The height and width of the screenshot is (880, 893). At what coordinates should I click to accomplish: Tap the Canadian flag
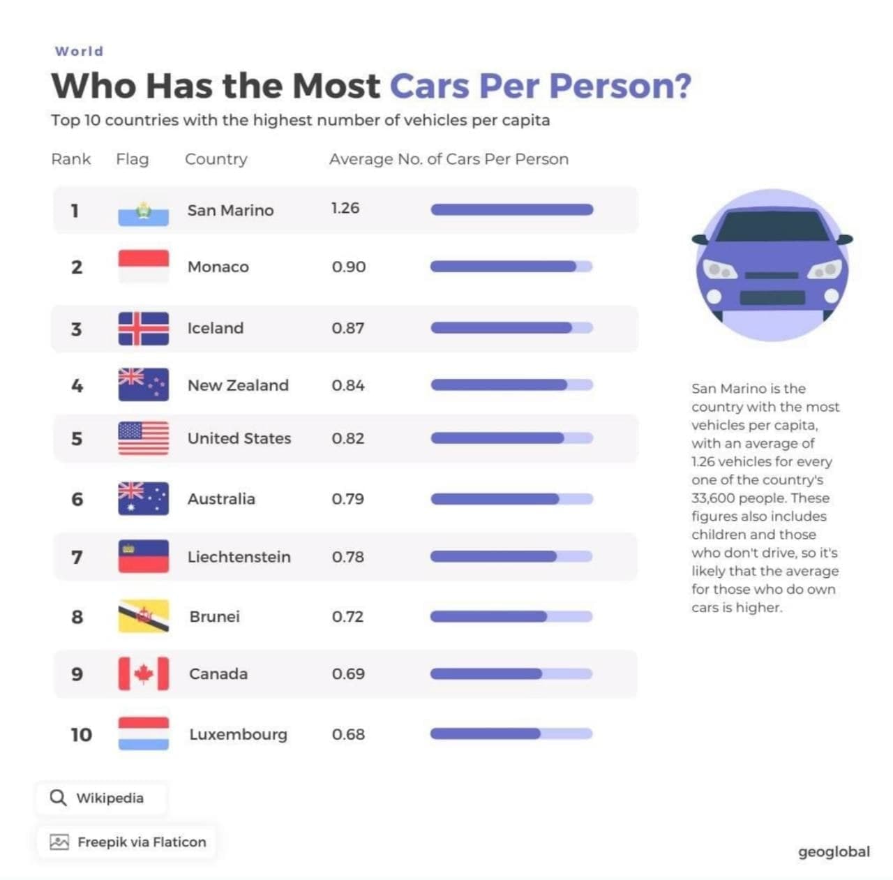pyautogui.click(x=143, y=673)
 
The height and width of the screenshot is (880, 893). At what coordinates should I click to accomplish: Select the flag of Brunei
pyautogui.click(x=143, y=616)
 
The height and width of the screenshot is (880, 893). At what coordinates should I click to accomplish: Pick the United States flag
pyautogui.click(x=143, y=438)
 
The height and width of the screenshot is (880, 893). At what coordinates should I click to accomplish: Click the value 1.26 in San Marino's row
pyautogui.click(x=345, y=208)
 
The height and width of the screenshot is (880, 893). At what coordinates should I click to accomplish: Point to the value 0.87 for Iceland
pyautogui.click(x=348, y=328)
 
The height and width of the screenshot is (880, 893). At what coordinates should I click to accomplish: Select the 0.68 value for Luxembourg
pyautogui.click(x=348, y=734)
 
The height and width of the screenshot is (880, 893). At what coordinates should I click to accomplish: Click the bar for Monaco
pyautogui.click(x=511, y=267)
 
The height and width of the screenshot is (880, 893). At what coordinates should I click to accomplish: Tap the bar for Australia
pyautogui.click(x=511, y=499)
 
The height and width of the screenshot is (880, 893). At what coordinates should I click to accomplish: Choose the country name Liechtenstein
pyautogui.click(x=239, y=557)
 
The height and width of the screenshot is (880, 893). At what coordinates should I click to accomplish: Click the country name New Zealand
pyautogui.click(x=238, y=385)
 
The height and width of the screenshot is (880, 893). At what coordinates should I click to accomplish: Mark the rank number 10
pyautogui.click(x=81, y=734)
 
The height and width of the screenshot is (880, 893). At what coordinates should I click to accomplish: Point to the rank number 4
pyautogui.click(x=77, y=385)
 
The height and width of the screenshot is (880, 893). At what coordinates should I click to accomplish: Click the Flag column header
pyautogui.click(x=133, y=159)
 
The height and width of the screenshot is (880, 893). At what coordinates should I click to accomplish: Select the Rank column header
pyautogui.click(x=71, y=159)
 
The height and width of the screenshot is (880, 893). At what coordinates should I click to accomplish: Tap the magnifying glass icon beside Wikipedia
pyautogui.click(x=59, y=798)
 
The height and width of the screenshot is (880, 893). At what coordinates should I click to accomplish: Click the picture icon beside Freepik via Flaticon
pyautogui.click(x=59, y=842)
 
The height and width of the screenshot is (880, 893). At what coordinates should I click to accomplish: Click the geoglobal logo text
pyautogui.click(x=834, y=851)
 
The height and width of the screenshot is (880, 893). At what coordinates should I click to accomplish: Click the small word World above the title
pyautogui.click(x=80, y=52)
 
